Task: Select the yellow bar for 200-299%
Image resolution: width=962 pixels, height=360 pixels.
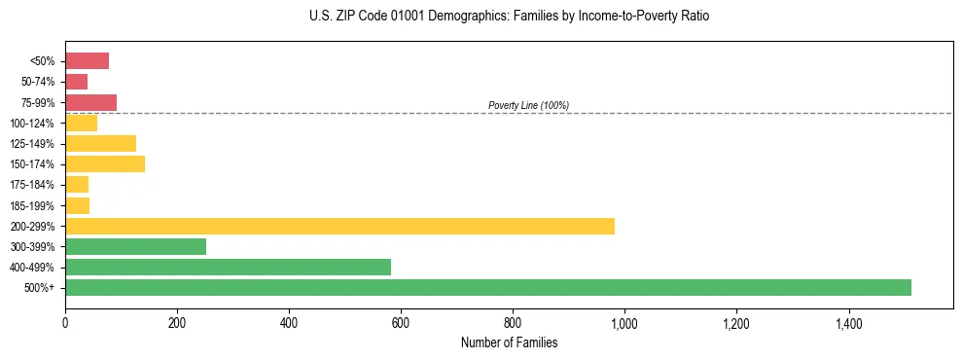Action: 339,226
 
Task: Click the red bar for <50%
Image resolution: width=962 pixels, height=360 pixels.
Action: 87,61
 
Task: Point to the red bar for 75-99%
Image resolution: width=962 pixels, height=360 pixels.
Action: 90,102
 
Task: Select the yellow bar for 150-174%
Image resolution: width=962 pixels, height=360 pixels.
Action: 105,163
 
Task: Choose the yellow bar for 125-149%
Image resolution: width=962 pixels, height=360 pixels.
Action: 100,143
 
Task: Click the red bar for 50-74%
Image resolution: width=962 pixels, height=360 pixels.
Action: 76,82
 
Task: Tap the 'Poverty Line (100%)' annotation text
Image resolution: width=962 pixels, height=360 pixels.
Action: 528,105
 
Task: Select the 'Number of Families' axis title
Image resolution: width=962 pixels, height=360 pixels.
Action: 509,342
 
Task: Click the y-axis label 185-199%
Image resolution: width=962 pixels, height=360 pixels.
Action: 32,205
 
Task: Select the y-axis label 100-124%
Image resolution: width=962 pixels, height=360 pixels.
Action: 32,123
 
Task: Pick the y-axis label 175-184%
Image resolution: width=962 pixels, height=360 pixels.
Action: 32,185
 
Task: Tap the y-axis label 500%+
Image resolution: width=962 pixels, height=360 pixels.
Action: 40,288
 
